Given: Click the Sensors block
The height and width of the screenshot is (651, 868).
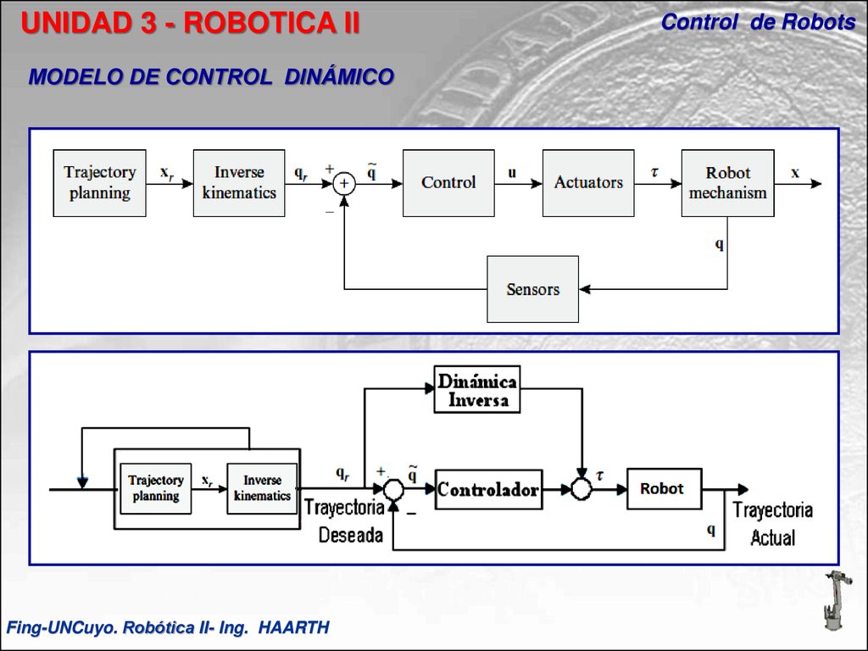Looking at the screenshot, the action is [x=532, y=289].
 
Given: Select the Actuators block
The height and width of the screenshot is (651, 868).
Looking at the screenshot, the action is [x=588, y=183].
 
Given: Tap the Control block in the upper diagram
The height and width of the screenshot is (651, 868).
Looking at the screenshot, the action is [x=448, y=183].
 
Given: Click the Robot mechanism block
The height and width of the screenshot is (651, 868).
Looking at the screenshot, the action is [x=728, y=183].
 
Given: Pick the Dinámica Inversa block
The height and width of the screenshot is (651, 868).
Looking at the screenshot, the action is [x=477, y=389].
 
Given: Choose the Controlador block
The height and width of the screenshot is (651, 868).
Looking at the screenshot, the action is [x=489, y=489].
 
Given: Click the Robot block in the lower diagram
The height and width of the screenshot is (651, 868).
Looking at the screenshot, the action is [x=665, y=489].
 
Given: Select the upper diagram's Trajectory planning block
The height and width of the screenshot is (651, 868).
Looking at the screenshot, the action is [x=100, y=183].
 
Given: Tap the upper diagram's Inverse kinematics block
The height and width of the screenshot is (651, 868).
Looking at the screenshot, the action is [x=239, y=183].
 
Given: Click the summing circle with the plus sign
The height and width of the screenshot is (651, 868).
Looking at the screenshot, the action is [x=344, y=183].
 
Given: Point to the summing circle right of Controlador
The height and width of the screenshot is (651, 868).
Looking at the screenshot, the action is [x=581, y=489].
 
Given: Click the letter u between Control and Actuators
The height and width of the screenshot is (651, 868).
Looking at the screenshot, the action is [x=512, y=172].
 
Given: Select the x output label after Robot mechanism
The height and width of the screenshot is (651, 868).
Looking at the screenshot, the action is [x=795, y=173].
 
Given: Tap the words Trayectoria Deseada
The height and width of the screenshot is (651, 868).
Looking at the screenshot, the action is [x=344, y=521].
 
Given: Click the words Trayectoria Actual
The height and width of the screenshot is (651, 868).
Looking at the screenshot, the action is [x=773, y=524].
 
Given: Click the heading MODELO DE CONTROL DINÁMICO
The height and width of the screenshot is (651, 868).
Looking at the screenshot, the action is [x=211, y=77].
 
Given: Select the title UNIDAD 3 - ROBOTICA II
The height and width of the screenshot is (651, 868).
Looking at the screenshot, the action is [x=191, y=23].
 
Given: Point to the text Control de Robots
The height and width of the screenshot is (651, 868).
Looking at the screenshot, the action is [x=759, y=22].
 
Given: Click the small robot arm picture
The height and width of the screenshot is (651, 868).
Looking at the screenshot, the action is [x=837, y=600].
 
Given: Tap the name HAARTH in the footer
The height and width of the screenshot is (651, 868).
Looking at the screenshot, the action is [x=294, y=627].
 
